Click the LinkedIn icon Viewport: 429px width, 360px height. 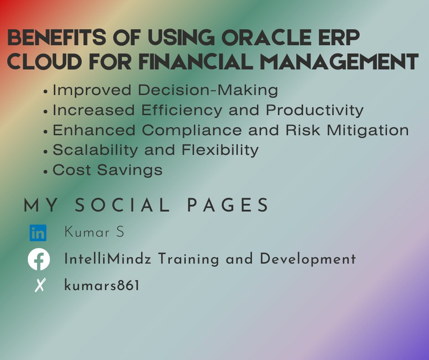(x=38, y=233)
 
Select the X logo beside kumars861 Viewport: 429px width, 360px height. (x=40, y=286)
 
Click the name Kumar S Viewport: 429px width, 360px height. (x=94, y=232)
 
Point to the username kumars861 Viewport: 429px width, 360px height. (x=102, y=286)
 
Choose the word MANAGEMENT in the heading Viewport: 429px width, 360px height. (x=342, y=62)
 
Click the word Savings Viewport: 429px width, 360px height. (x=135, y=170)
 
